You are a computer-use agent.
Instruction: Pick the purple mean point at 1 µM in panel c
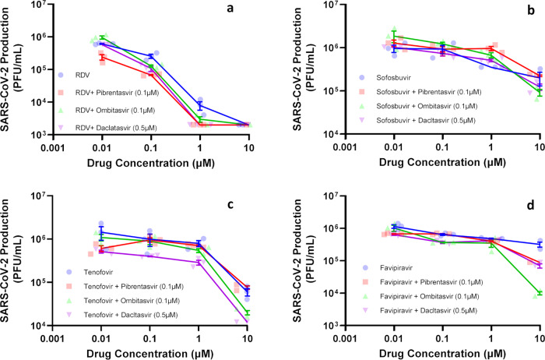pos(200,284)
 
